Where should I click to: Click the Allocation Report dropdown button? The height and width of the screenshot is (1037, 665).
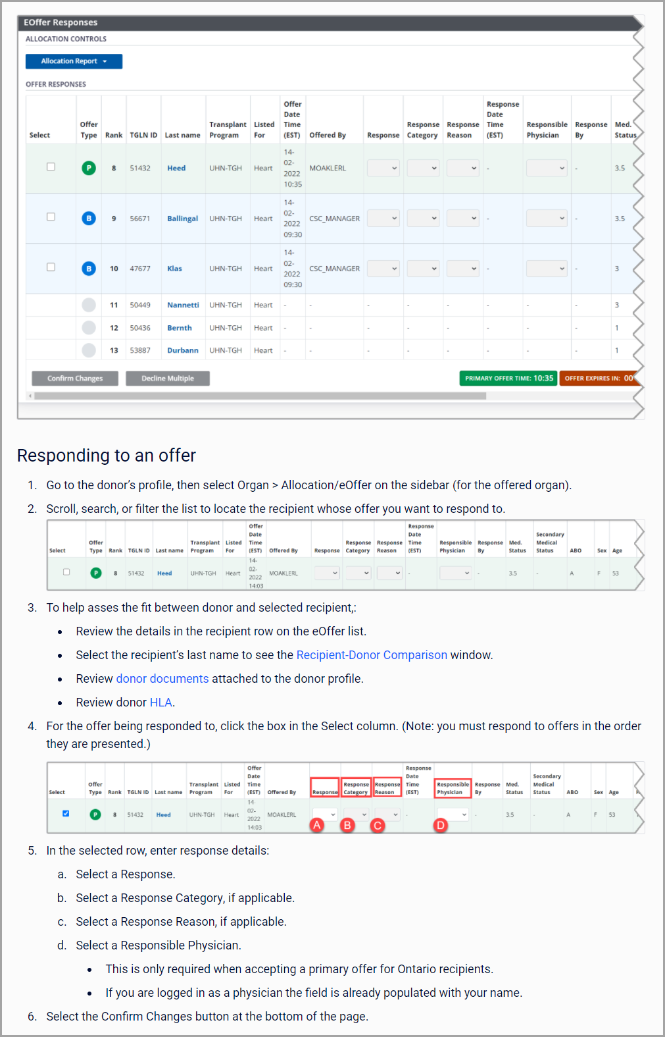[74, 61]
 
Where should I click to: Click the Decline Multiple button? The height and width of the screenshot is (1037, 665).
[168, 379]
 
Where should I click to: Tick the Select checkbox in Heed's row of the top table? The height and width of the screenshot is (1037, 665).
[51, 167]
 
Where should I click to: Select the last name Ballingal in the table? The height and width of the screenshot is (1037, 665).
[182, 219]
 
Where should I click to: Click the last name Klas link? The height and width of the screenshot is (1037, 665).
[174, 269]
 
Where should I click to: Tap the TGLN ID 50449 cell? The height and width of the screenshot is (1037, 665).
[140, 305]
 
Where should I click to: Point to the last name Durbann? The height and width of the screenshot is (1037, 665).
[182, 350]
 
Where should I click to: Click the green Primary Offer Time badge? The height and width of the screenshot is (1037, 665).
[508, 379]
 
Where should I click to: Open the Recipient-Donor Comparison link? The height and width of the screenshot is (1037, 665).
[372, 655]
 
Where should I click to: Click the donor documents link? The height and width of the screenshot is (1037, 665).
[162, 679]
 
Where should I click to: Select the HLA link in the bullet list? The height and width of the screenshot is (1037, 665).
[160, 703]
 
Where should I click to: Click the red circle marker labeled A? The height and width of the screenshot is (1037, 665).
[317, 825]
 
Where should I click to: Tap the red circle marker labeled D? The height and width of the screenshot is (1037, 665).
[441, 825]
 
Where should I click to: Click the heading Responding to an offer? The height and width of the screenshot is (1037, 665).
[107, 456]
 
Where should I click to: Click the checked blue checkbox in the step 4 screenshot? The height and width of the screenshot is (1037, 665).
[66, 814]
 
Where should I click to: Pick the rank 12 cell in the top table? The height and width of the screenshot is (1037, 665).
[114, 328]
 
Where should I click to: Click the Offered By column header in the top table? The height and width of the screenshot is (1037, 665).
[328, 135]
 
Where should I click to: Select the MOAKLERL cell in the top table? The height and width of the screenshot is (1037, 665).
[328, 168]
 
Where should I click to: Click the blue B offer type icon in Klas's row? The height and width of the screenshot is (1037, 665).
[89, 269]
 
